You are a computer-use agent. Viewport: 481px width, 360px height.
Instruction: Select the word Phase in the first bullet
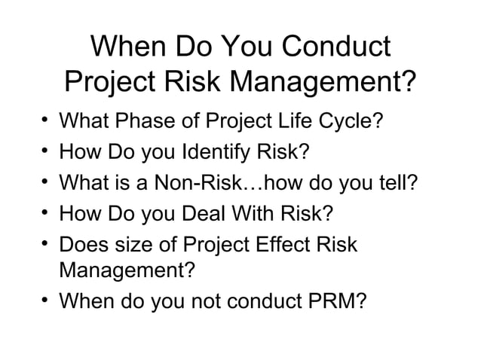coord(148,121)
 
